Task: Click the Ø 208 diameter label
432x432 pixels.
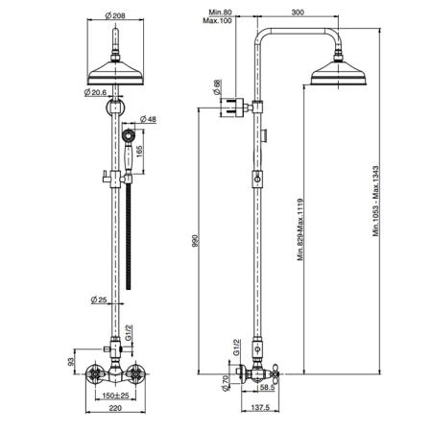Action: point(115,15)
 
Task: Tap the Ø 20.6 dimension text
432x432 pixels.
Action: point(95,92)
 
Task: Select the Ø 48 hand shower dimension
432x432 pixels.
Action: point(148,119)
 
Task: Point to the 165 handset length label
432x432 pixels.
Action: point(139,151)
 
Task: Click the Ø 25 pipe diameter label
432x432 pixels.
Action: point(99,300)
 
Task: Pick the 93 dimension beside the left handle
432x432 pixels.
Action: point(71,362)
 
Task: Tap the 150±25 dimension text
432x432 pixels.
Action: point(115,396)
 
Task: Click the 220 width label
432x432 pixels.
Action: point(115,408)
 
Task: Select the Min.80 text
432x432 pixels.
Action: point(220,12)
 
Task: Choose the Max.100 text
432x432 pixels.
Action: point(217,20)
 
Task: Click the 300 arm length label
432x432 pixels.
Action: point(298,12)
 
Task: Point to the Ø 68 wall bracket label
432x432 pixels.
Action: point(217,87)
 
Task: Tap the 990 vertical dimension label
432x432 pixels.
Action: point(195,241)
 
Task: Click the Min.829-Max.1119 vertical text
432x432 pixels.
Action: point(300,229)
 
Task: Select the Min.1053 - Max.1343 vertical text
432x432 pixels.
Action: point(376,201)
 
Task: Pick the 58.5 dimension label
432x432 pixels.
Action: point(268,387)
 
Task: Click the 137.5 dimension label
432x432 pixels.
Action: point(260,408)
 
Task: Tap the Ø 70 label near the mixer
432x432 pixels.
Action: point(226,383)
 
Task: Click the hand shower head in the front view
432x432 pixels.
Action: point(128,135)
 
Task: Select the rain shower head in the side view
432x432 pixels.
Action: point(339,73)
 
